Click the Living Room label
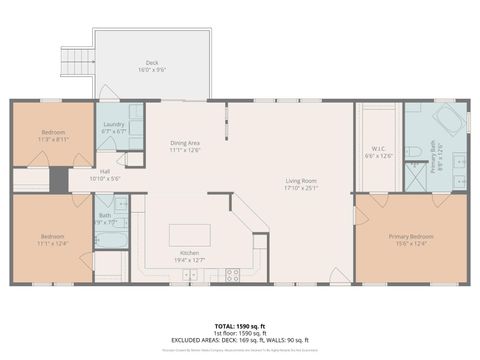tap(299, 181)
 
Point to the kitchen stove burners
tap(232, 273)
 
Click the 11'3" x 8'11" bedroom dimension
tap(53, 140)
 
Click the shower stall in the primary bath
tap(414, 176)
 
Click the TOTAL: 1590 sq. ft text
tap(239, 326)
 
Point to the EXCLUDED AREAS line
tap(239, 340)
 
